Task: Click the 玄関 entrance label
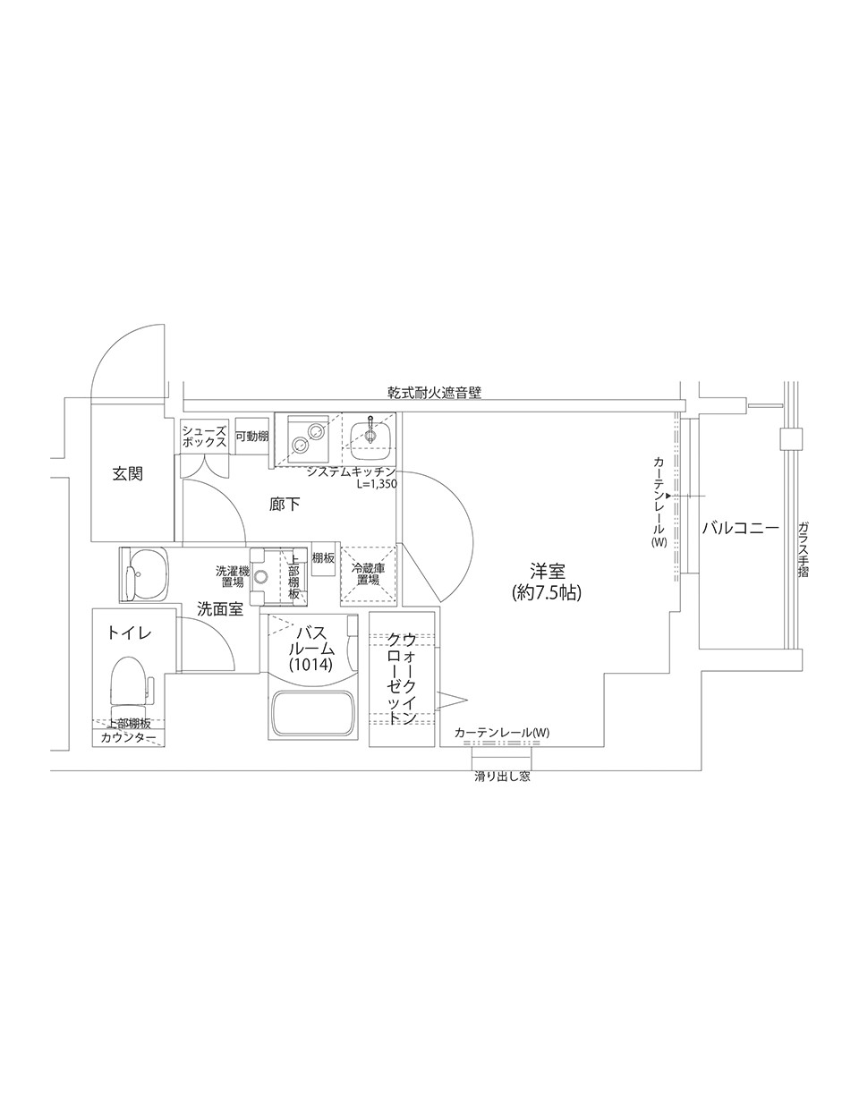[127, 473]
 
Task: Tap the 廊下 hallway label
[285, 504]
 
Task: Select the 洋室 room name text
[547, 572]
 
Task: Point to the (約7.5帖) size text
[547, 592]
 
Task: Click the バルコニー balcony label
[740, 529]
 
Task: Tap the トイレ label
[129, 633]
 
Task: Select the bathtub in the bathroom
[313, 713]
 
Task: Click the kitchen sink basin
[370, 435]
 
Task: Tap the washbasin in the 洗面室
[145, 574]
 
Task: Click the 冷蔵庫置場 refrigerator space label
[368, 574]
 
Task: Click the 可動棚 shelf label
[251, 436]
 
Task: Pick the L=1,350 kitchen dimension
[377, 484]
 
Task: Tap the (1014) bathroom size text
[310, 664]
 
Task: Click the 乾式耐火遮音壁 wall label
[434, 392]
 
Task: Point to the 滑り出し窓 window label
[502, 777]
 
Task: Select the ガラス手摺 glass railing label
[804, 549]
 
